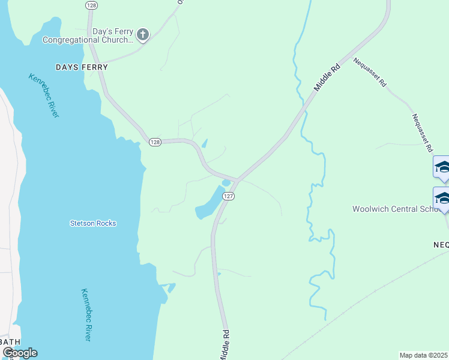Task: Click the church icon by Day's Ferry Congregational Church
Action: [x=142, y=34]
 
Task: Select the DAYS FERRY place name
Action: [x=82, y=67]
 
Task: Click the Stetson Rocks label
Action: [x=92, y=223]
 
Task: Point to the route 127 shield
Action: [x=228, y=196]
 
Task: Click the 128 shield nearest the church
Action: [x=91, y=5]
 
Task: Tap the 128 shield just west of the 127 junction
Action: [x=155, y=142]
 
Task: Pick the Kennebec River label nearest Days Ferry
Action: [x=44, y=95]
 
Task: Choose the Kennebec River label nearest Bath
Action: [x=86, y=315]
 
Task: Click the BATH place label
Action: [x=11, y=341]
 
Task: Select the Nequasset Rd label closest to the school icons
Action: [x=421, y=133]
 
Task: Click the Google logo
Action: [x=20, y=353]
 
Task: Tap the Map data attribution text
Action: [x=423, y=355]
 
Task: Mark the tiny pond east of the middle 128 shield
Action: [x=205, y=143]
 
